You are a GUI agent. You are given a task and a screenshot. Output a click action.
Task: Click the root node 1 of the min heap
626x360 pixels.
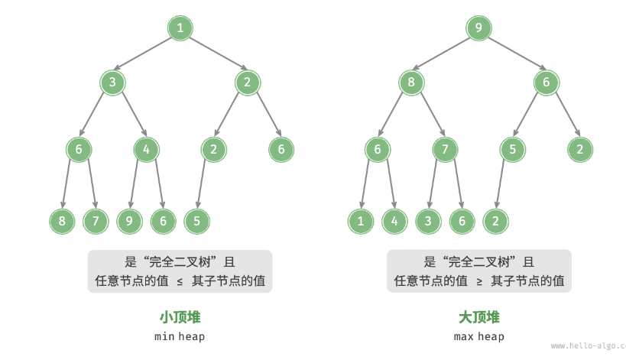pos(180,28)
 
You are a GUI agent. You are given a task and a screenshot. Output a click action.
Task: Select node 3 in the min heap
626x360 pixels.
pos(112,83)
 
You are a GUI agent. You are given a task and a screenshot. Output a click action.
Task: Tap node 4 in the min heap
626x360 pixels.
pos(146,149)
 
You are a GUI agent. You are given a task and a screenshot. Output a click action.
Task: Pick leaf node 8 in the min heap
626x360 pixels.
pos(61,221)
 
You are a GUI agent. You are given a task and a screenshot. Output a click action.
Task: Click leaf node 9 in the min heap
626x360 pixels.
pos(128,221)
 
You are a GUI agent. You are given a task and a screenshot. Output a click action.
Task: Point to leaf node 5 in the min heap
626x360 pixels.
pos(196,221)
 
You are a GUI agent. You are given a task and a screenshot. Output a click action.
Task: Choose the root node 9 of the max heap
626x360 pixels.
pos(478,28)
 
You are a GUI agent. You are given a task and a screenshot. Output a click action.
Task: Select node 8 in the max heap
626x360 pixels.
pos(410,83)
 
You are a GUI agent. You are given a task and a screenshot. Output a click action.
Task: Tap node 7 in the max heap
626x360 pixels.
pos(445,149)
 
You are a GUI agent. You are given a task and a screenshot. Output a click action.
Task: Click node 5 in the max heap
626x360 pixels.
pos(512,149)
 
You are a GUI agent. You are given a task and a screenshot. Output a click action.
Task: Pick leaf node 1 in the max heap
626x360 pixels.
pos(360,221)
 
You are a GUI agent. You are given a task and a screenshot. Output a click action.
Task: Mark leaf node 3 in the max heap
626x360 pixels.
pos(427,221)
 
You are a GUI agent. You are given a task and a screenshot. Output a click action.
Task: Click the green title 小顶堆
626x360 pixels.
pos(180,316)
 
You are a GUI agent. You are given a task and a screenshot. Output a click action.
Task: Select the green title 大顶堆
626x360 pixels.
pos(478,316)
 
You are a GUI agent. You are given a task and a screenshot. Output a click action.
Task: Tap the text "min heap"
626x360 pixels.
pos(180,336)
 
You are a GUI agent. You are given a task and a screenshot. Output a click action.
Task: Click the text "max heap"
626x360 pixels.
pos(478,336)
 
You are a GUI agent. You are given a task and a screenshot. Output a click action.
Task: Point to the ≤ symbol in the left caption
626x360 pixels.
pos(180,281)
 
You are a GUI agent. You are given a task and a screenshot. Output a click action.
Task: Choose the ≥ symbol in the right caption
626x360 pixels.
pos(479,281)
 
